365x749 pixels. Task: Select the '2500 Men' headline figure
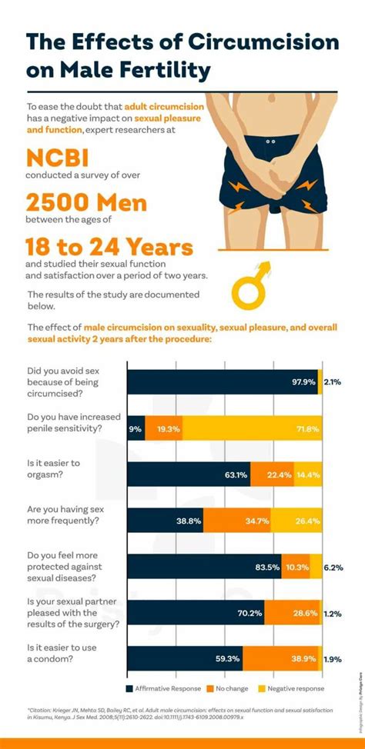[x=86, y=203]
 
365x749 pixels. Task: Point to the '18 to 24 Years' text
[x=109, y=248]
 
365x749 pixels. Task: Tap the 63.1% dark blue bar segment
[x=189, y=474]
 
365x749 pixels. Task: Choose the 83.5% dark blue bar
[x=203, y=567]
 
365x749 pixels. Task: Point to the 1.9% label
[x=333, y=659]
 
